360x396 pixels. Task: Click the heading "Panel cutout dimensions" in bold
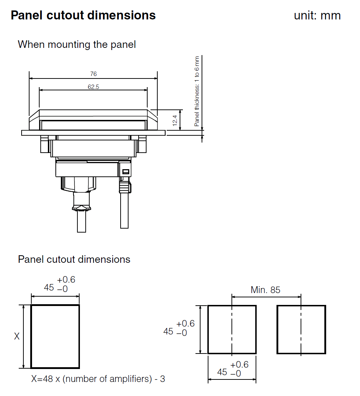[83, 15]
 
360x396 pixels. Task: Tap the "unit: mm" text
[317, 16]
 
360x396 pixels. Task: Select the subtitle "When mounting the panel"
[77, 45]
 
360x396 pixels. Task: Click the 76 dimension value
[93, 74]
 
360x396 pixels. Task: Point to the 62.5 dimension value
[93, 87]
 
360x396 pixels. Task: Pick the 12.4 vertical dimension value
[175, 120]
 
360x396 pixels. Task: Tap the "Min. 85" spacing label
[265, 290]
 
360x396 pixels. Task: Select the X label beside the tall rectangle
[17, 337]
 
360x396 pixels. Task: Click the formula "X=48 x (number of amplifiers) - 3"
[98, 379]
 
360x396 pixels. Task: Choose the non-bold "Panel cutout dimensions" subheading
[74, 259]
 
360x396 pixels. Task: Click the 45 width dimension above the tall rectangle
[49, 288]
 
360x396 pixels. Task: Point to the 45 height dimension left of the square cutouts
[168, 331]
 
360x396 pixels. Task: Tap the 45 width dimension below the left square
[222, 372]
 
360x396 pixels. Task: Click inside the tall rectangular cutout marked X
[55, 337]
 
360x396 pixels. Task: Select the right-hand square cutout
[301, 329]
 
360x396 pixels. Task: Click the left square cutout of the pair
[232, 329]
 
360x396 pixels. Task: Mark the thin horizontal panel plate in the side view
[93, 133]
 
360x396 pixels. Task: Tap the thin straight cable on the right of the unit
[124, 212]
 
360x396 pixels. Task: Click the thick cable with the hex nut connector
[81, 220]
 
